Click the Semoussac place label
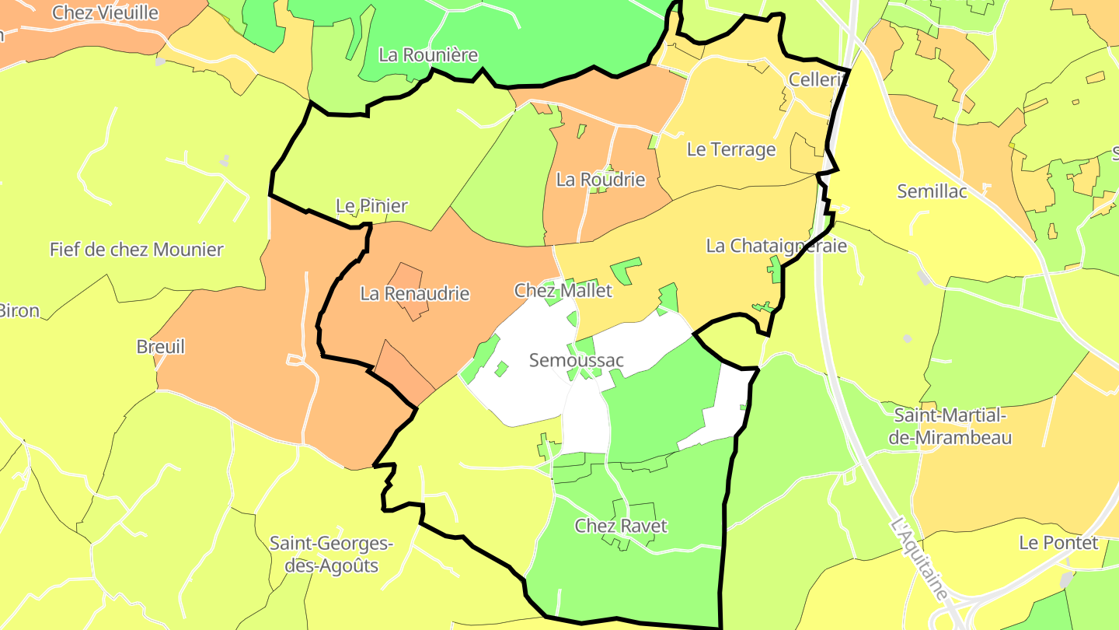tap(576, 361)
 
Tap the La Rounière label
tap(428, 55)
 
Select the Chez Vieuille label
tap(105, 12)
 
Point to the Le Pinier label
tap(371, 206)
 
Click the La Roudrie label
tap(601, 180)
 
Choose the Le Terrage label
tap(731, 149)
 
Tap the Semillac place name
tap(932, 191)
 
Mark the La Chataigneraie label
tap(776, 246)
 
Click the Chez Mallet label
tap(563, 291)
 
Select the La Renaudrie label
tap(415, 294)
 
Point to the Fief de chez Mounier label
tap(137, 250)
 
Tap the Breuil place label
tap(161, 347)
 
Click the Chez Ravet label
tap(621, 526)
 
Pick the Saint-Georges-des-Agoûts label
tap(331, 554)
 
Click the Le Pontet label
tap(1058, 543)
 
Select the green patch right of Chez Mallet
tap(625, 269)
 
